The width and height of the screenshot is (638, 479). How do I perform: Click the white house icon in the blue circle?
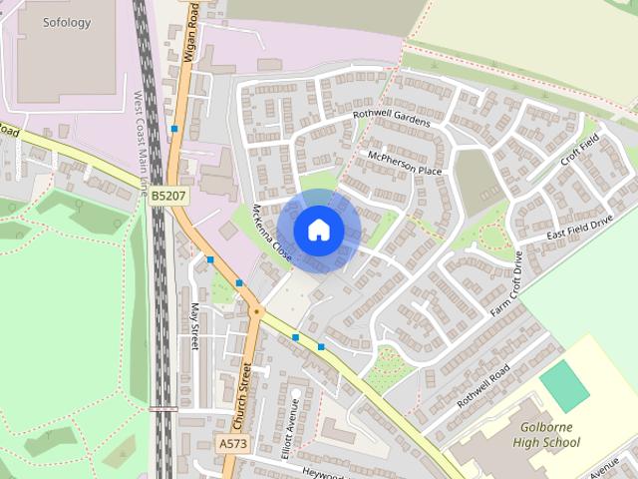[x=318, y=230]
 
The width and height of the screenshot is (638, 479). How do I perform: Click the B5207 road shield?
[x=167, y=197]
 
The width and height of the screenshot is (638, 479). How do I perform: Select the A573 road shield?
[x=231, y=443]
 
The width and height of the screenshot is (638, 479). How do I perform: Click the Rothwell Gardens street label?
[x=392, y=118]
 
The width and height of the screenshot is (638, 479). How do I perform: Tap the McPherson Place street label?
[x=404, y=164]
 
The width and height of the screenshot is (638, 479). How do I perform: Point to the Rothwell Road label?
[x=483, y=384]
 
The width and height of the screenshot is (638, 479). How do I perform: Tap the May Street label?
[x=194, y=327]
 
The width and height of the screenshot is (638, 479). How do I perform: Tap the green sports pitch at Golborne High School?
[x=566, y=384]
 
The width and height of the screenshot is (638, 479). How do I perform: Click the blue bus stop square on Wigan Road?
[x=174, y=129]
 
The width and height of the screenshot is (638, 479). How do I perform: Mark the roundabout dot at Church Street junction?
[x=256, y=311]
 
